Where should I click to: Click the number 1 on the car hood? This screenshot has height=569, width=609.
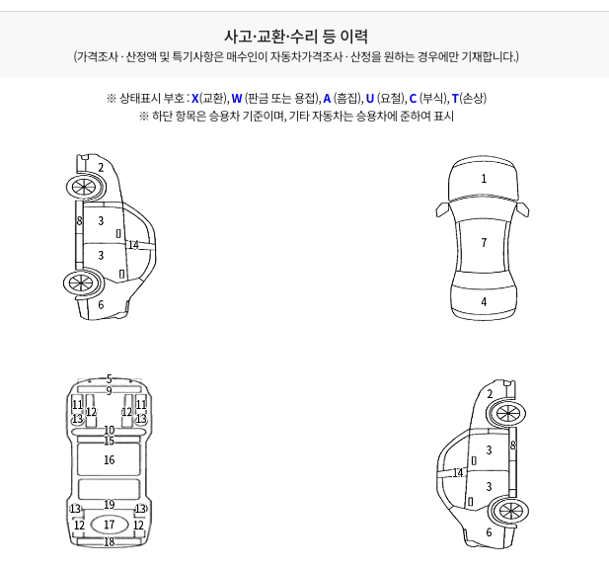point(484,179)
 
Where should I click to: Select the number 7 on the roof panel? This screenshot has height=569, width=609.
point(484,243)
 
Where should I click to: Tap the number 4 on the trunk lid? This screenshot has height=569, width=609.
point(484,301)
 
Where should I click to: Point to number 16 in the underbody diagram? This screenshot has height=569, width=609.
point(110,459)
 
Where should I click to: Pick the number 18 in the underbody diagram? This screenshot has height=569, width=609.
point(110,541)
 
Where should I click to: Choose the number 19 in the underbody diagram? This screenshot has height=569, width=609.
point(110,504)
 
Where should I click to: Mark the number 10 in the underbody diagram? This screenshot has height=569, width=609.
point(110,430)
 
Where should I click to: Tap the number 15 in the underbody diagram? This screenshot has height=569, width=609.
point(110,441)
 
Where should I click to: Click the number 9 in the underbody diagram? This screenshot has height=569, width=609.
point(110,390)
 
